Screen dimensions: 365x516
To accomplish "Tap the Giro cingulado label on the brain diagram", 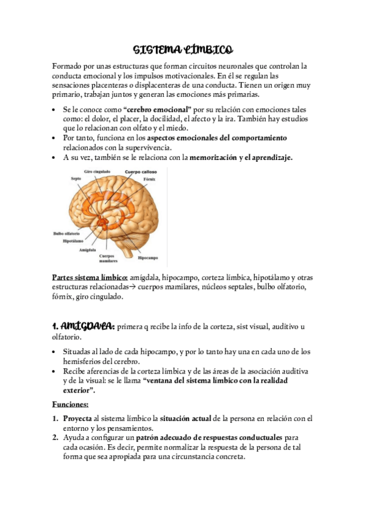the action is (x=97, y=172).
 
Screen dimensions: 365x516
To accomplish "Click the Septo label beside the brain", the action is (x=76, y=179).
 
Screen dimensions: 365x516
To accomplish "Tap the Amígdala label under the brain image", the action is (x=88, y=249).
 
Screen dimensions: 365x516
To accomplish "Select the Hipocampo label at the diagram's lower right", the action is (x=148, y=257).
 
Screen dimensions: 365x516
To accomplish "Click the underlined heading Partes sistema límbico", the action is (x=90, y=277).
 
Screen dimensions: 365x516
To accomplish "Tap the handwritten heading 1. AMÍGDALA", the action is (x=83, y=327).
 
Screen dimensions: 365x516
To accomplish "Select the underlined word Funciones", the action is (x=71, y=403).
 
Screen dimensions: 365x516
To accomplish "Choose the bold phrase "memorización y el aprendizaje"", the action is (x=241, y=157).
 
